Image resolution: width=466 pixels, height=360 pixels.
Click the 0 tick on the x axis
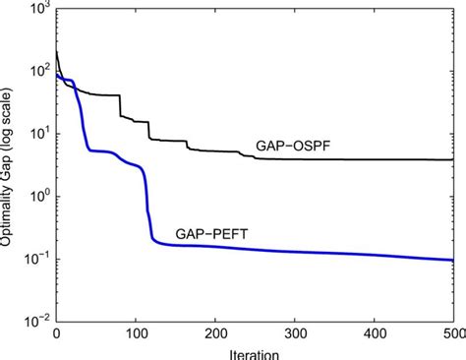56,334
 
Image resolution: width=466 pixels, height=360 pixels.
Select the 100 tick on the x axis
136,334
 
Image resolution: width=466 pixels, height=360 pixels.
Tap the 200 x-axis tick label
215,334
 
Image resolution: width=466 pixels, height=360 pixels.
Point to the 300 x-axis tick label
295,334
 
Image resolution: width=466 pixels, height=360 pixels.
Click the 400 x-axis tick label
375,334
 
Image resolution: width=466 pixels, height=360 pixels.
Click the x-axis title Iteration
254,352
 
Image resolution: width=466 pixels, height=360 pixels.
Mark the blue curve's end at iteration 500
453,260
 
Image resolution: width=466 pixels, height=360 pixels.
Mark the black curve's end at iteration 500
453,159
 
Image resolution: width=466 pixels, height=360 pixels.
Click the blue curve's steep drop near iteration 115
147,211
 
